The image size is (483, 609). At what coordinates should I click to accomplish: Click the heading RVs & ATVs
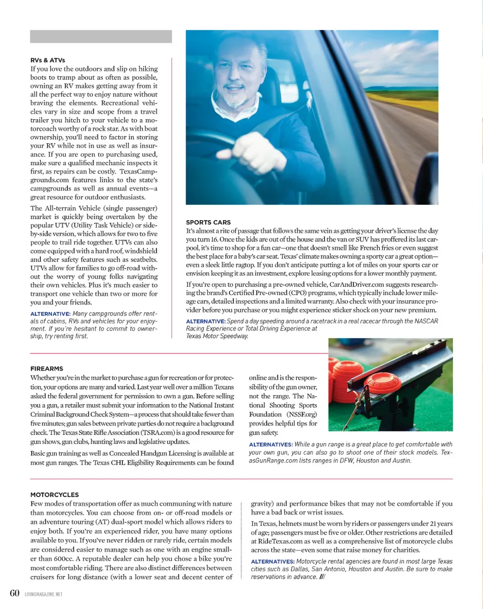(x=47, y=60)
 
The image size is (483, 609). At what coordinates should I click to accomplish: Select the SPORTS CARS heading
(x=208, y=221)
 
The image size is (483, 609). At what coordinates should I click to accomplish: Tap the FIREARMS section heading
(x=47, y=368)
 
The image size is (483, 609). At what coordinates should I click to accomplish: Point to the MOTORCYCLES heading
(x=54, y=494)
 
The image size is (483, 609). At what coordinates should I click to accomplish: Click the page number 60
(x=15, y=593)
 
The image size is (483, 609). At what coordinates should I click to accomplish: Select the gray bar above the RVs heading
(x=101, y=36)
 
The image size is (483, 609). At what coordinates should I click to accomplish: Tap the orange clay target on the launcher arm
(x=382, y=384)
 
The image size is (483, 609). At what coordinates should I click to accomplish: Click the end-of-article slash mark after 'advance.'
(x=323, y=577)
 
